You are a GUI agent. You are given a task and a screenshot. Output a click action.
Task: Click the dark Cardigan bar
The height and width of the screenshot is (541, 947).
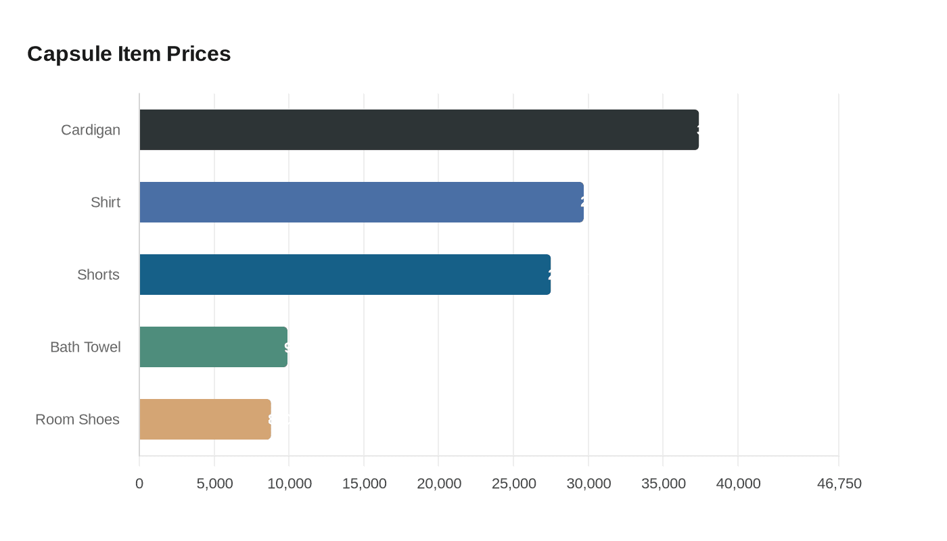pos(419,130)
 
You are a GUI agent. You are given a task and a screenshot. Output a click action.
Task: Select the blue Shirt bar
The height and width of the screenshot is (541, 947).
pos(361,202)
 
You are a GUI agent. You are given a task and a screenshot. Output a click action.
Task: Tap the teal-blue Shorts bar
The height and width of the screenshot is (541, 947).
pos(345,275)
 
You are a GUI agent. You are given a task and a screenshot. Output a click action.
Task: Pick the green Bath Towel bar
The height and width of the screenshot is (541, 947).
pos(213,347)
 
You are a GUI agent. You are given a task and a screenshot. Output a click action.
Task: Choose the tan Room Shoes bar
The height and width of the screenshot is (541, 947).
pos(205,419)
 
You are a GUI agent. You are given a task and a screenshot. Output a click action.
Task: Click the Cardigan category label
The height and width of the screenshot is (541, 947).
pos(91,130)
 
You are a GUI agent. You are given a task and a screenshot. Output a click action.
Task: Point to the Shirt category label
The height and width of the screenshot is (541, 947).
pos(106,202)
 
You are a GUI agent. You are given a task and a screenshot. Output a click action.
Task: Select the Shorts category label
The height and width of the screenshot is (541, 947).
pos(98,275)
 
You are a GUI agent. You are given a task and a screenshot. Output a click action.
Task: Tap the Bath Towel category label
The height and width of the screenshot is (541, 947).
pos(85,347)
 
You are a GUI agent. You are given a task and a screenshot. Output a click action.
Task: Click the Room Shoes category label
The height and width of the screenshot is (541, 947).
pos(77,419)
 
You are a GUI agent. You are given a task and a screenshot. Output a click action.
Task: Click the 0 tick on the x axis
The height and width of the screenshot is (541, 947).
pos(139,484)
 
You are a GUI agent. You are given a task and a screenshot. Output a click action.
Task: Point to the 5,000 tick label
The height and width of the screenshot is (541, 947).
pos(214,484)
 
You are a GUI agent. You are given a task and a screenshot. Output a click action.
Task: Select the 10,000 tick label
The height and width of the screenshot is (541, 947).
pos(290,484)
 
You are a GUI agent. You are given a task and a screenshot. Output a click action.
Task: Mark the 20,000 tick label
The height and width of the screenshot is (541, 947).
pos(439,484)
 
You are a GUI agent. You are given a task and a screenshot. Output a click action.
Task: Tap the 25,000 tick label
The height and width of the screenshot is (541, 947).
pos(514,484)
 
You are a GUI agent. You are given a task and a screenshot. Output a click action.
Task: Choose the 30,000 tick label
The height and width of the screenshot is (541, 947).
pos(588,484)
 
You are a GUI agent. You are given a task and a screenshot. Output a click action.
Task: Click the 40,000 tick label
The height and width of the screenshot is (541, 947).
pos(738,484)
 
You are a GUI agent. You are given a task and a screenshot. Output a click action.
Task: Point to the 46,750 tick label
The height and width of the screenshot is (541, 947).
pos(839,484)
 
